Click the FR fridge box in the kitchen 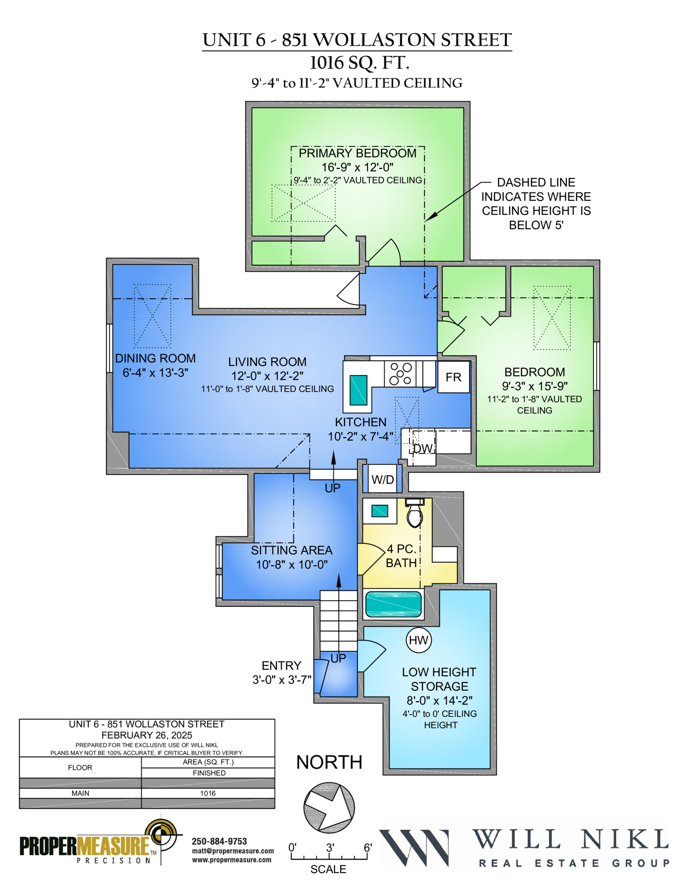(453, 377)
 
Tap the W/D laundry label (382, 479)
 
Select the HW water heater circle (418, 640)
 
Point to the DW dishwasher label (423, 448)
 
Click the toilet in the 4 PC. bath (415, 513)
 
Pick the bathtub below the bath (393, 604)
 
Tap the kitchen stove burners (400, 373)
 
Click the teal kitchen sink (358, 390)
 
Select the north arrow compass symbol (329, 807)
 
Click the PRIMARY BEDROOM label (357, 153)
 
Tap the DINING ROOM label (155, 358)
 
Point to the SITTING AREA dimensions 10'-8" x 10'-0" (292, 564)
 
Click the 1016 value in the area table (208, 793)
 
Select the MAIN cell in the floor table (80, 793)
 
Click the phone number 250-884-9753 (219, 841)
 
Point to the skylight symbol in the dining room (152, 316)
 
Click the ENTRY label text (281, 665)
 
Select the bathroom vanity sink (379, 511)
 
